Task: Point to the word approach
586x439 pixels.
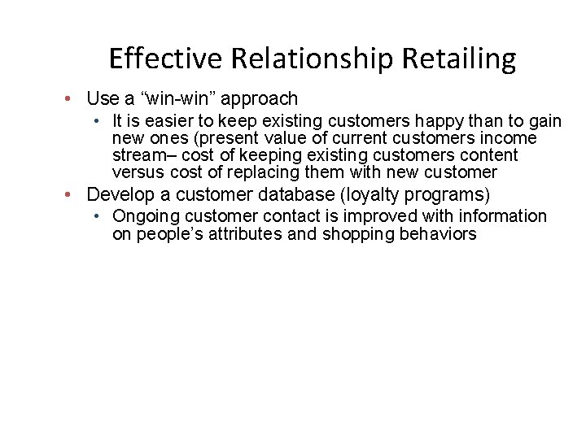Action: pyautogui.click(x=261, y=99)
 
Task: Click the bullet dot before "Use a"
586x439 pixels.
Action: pyautogui.click(x=72, y=99)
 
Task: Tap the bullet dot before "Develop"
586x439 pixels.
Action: pyautogui.click(x=72, y=195)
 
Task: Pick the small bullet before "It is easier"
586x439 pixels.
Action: pyautogui.click(x=96, y=121)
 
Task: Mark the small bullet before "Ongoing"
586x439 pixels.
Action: pyautogui.click(x=96, y=216)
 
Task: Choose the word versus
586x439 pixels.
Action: pyautogui.click(x=138, y=172)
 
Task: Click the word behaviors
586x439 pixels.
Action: pyautogui.click(x=437, y=234)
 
